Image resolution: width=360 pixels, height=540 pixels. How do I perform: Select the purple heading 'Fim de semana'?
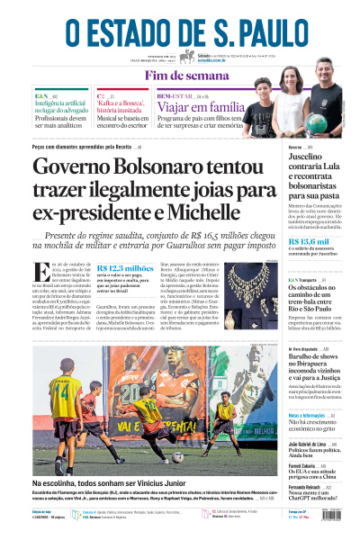click(x=180, y=76)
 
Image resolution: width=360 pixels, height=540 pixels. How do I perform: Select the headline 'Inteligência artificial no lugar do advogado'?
click(x=60, y=109)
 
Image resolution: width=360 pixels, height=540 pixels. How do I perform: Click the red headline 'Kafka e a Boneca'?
click(x=124, y=104)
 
